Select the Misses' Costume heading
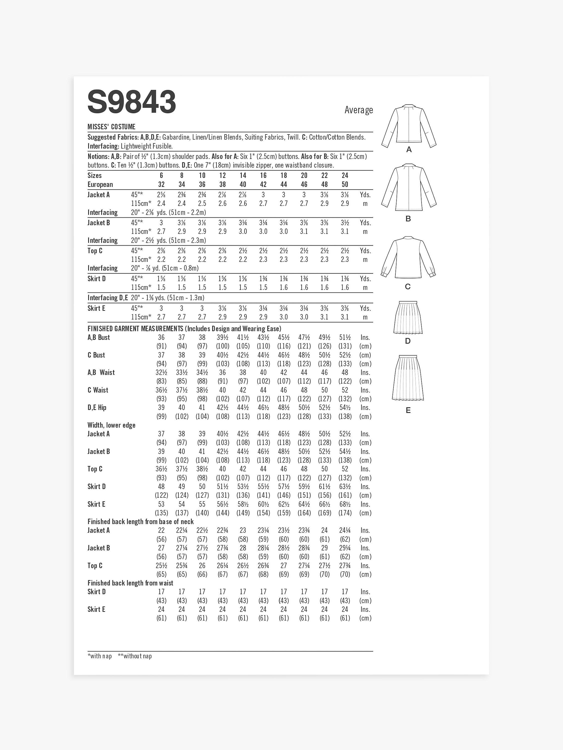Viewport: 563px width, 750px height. (x=111, y=127)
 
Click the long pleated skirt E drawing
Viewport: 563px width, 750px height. (x=408, y=377)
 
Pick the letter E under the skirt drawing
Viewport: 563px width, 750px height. (x=408, y=410)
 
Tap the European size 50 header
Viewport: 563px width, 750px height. (x=345, y=184)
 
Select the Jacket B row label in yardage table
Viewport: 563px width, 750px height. (x=99, y=223)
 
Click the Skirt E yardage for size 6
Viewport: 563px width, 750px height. (x=161, y=308)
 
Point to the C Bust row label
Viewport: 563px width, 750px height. (x=96, y=355)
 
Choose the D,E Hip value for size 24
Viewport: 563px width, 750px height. (x=345, y=407)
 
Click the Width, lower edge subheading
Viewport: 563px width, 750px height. (x=111, y=425)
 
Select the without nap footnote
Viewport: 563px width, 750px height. (x=135, y=656)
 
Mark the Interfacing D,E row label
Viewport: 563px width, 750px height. (x=108, y=298)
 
